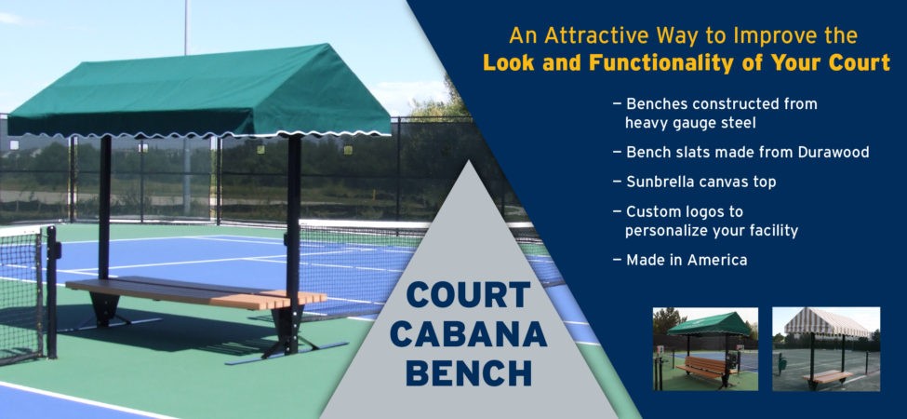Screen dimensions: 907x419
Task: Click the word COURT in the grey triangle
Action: (x=469, y=295)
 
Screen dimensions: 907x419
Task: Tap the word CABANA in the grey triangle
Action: (x=469, y=334)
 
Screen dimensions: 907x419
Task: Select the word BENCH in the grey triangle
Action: (x=469, y=373)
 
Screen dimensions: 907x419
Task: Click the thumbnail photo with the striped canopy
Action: (x=826, y=349)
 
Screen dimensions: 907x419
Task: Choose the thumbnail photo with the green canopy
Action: (x=705, y=349)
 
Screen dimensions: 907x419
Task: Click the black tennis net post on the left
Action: (x=51, y=292)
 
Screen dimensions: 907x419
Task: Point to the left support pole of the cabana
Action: (x=105, y=208)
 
